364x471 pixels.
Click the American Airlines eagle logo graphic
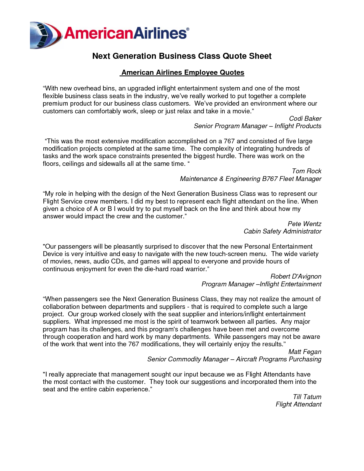46,35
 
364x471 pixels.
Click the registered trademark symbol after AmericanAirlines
188,29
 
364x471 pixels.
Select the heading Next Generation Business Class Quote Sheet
182,56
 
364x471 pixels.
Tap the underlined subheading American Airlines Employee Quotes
183,73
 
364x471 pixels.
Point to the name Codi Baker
305,118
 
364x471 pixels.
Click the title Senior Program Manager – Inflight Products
258,126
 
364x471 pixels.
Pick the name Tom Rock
306,171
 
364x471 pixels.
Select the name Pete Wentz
304,224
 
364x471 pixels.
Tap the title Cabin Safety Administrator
282,231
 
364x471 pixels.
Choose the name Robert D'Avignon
296,276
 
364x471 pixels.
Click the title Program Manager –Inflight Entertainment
261,284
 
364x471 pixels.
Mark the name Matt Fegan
305,352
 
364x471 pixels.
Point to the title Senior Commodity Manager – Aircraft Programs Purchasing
234,359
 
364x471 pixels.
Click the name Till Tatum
307,397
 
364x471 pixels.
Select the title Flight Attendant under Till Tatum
298,404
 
